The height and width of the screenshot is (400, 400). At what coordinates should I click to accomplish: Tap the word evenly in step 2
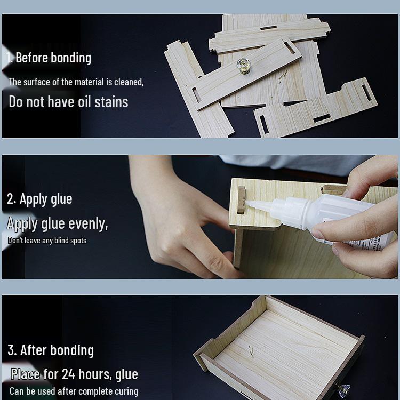tap(88, 223)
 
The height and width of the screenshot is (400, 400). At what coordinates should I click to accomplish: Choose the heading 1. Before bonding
tap(49, 58)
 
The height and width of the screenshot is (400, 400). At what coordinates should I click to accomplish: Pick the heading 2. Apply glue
tap(39, 199)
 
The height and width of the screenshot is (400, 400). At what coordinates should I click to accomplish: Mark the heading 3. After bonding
tap(51, 350)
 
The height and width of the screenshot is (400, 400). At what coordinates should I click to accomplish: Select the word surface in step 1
tap(36, 82)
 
